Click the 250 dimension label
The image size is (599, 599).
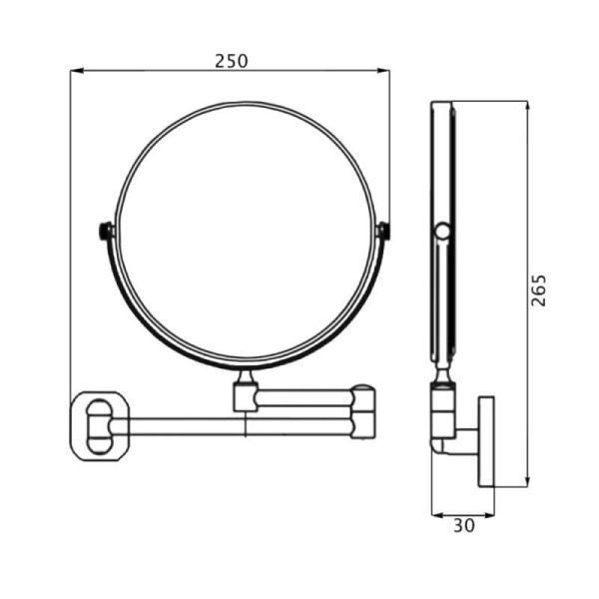(232, 61)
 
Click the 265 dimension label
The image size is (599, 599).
(539, 290)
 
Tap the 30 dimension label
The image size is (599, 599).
(464, 526)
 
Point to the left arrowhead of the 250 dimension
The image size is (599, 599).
(77, 70)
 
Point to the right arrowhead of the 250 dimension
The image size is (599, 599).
(383, 70)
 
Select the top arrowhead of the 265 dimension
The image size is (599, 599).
(527, 108)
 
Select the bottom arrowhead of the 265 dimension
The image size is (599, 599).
(527, 480)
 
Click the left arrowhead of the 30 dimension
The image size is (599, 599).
(438, 515)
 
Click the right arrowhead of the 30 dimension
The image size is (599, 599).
(488, 515)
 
